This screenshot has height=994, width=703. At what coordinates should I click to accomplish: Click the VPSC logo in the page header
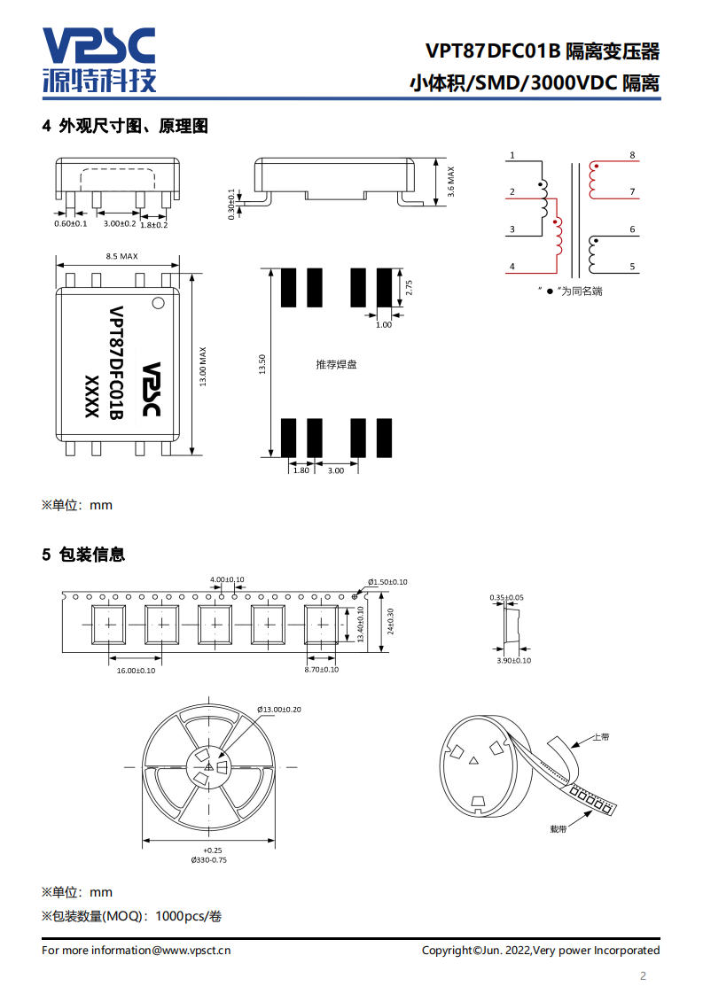99,60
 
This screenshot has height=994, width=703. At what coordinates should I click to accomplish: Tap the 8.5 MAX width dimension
121,256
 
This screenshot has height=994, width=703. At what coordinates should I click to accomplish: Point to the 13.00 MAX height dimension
203,367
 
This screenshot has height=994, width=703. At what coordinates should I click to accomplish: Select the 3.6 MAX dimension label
451,182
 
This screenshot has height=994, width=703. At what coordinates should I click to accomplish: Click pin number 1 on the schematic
512,155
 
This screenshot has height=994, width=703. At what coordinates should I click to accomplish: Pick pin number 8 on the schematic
632,155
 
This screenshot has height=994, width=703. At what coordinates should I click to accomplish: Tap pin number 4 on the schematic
512,267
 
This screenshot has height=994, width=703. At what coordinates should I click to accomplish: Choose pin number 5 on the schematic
632,267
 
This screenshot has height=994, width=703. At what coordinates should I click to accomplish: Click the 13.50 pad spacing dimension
262,364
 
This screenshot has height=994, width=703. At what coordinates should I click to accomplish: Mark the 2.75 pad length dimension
410,288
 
